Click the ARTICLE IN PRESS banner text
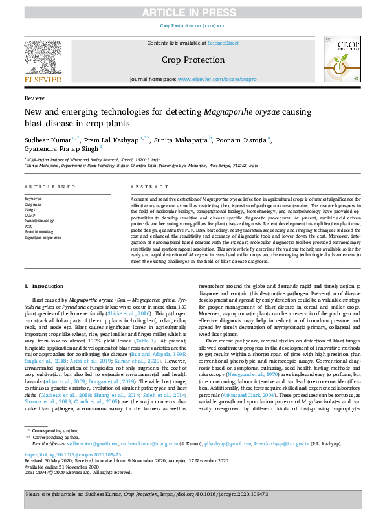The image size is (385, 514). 192,12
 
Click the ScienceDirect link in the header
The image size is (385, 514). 223,43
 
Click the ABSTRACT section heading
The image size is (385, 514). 146,186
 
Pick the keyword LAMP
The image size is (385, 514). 30,214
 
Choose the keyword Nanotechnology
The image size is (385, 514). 38,220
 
